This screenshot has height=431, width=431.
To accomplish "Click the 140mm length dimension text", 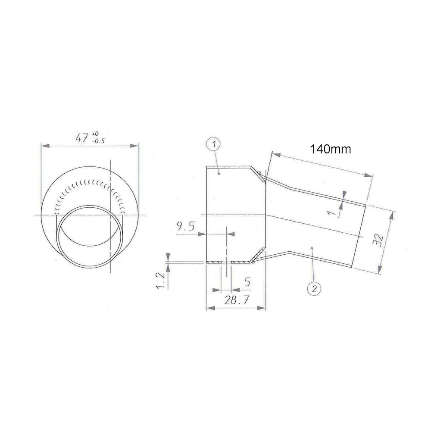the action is pos(331,149).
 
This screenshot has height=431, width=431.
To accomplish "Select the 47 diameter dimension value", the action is pos(82,137).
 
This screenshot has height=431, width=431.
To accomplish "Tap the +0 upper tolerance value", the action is pos(95,134).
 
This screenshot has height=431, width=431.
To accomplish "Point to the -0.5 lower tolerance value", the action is pos(98,141).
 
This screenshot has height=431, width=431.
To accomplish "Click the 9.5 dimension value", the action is pos(185,227).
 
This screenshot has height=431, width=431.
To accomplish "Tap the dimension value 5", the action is pos(247,282).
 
